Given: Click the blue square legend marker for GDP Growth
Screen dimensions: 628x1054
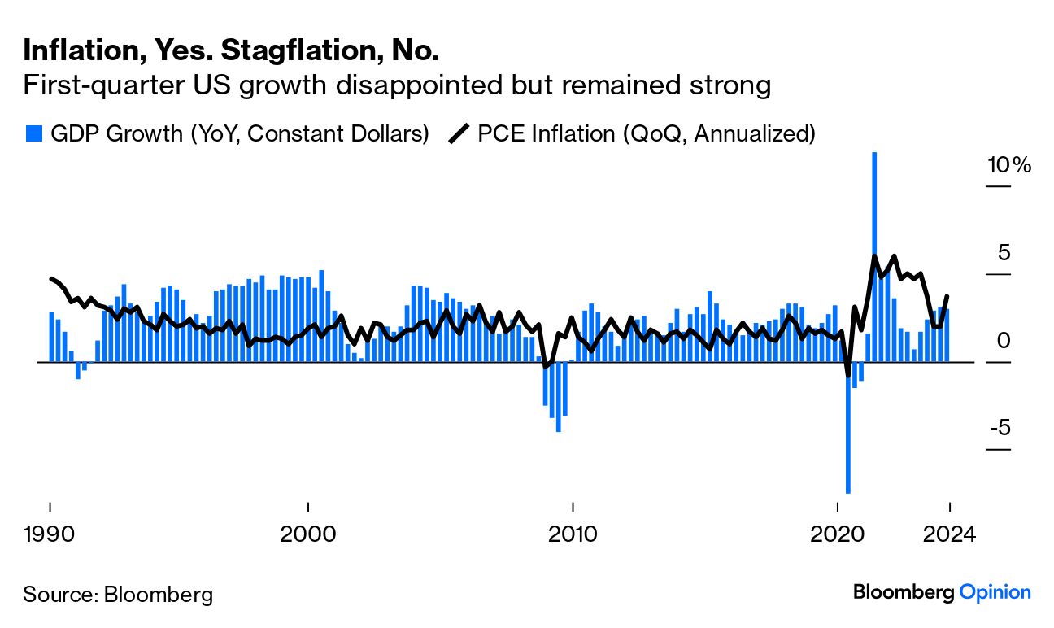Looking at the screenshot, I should pos(33,133).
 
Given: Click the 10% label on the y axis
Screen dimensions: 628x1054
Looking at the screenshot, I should pos(1008,166).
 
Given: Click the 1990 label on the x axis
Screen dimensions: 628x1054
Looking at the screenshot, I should pos(50,535).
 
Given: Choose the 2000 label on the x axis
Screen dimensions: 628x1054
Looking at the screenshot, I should pos(307,535).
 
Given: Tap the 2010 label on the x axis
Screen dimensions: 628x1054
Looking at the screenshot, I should pos(573,535).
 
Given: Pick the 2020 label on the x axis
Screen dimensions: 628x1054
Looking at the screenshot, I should pos(838,535).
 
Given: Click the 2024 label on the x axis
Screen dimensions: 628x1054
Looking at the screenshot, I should pos(948,535).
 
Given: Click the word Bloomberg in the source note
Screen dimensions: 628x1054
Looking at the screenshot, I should pos(159,595).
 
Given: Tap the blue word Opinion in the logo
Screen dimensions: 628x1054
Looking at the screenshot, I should pos(995,592).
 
